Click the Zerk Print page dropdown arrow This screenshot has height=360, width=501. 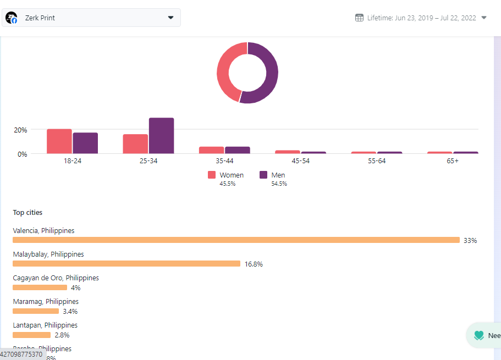point(170,18)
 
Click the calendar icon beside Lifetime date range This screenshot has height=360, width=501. point(360,18)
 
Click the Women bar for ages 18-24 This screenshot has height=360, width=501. point(59,141)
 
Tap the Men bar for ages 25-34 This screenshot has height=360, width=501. point(161,136)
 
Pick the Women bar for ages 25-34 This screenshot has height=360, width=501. point(135,144)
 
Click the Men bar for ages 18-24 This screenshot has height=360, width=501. point(85,143)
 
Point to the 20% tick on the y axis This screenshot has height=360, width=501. point(20,130)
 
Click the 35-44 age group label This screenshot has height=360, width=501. point(224,161)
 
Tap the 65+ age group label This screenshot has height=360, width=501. point(453,161)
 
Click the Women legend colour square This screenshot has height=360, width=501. point(212,175)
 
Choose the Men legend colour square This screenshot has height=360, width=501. point(263,175)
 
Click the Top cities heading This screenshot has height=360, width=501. point(27,213)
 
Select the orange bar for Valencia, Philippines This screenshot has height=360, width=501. point(236,240)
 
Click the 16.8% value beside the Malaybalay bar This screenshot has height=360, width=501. point(254,264)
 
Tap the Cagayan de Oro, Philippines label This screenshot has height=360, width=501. point(56,278)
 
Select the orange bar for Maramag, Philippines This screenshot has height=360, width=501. point(36,311)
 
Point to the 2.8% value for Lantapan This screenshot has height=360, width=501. point(62,335)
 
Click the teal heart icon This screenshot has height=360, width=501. point(479,335)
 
